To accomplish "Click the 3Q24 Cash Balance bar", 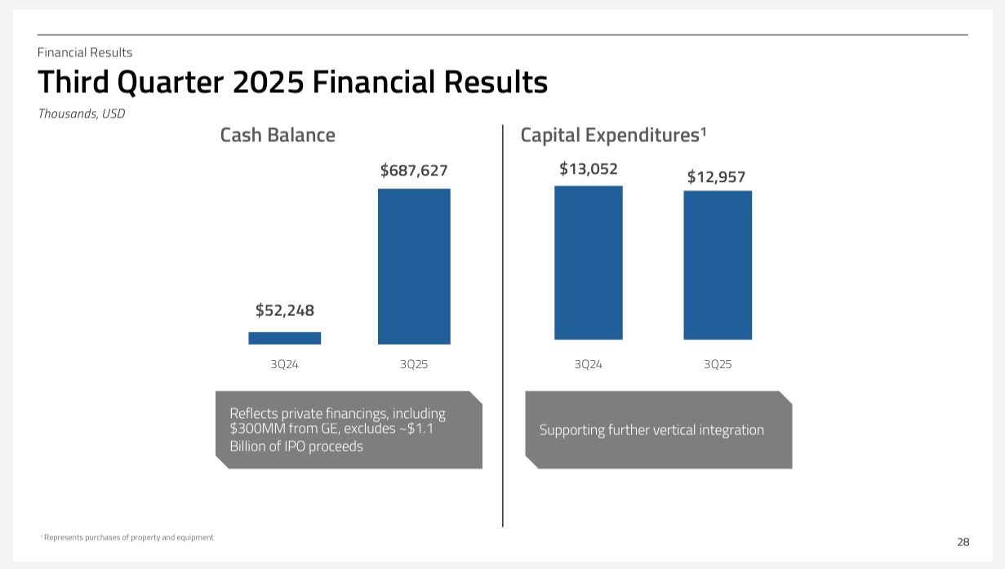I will tap(284, 338).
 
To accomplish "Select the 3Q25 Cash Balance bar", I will tap(414, 266).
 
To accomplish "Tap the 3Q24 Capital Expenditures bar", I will tap(588, 262).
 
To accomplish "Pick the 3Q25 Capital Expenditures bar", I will tap(718, 264).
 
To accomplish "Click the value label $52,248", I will tap(284, 310).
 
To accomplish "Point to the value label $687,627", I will tap(414, 171).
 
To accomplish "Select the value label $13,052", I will tap(588, 169).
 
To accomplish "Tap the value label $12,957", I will tap(716, 176).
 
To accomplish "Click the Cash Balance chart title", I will tap(278, 135).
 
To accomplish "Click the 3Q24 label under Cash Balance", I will tap(284, 364).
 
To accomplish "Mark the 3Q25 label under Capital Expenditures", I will tap(718, 364).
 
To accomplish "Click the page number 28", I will tap(963, 541).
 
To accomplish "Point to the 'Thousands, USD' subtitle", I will tap(82, 114).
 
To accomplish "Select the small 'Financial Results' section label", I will tap(85, 52).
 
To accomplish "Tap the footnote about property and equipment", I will tap(128, 537).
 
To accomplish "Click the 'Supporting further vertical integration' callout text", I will tap(651, 429).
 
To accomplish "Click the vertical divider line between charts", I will tap(503, 327).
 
